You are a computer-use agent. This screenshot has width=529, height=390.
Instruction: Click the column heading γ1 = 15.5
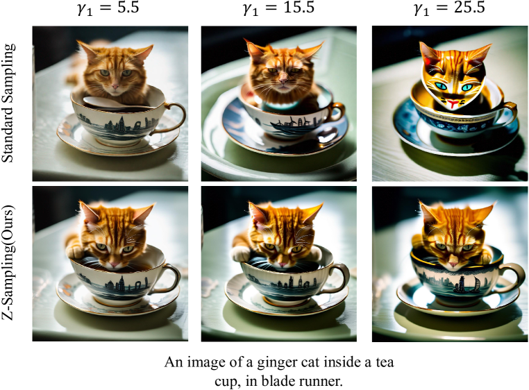point(278,8)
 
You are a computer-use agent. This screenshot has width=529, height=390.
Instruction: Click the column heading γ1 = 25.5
point(449,8)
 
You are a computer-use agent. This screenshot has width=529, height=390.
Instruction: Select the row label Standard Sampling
point(9,103)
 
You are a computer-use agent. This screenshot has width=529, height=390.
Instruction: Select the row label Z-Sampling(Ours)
point(9,262)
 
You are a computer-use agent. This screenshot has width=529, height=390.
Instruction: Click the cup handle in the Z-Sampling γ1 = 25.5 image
point(510,277)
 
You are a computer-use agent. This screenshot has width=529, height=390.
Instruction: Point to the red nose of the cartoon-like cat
point(452,102)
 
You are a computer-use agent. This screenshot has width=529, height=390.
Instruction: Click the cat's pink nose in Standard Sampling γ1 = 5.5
point(115,86)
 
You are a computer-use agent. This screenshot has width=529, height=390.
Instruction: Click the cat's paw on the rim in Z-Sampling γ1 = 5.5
point(75,251)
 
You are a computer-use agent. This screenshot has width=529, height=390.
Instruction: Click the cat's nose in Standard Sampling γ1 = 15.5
point(283,80)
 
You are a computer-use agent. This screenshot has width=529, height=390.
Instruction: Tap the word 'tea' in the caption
point(385,363)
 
